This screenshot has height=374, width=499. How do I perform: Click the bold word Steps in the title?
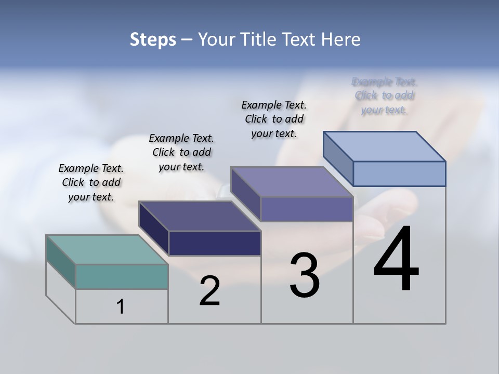click(x=153, y=40)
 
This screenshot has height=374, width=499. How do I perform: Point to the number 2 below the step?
click(x=209, y=291)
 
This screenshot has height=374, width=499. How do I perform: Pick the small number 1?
click(x=121, y=306)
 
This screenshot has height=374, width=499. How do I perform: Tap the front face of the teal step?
click(x=122, y=276)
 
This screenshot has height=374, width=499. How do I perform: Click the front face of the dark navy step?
click(x=215, y=243)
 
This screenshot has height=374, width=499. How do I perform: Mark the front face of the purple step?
click(x=307, y=209)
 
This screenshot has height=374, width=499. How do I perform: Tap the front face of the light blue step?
click(x=399, y=173)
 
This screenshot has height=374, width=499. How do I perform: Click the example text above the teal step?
click(x=91, y=182)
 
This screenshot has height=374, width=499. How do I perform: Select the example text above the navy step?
click(x=181, y=152)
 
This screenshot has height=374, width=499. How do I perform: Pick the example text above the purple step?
click(x=274, y=119)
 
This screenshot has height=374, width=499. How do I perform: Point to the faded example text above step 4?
click(x=385, y=96)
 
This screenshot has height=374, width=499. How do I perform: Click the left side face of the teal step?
click(x=61, y=262)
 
